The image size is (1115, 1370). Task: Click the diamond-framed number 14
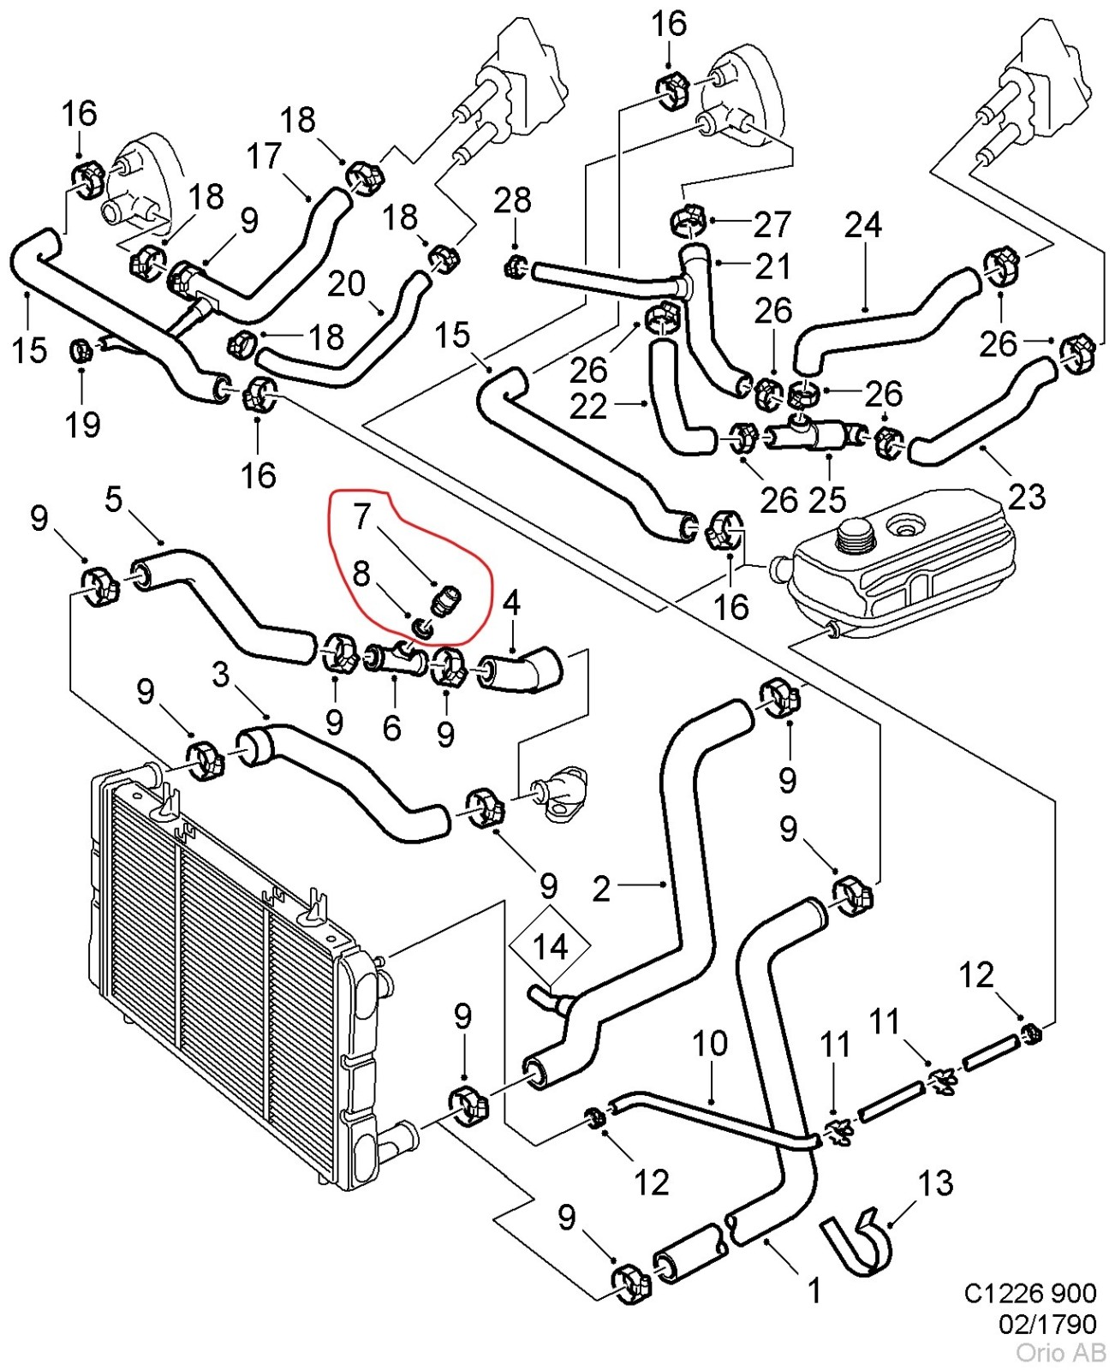(550, 947)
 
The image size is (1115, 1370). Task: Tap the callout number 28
(513, 200)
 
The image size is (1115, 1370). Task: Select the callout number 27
(772, 223)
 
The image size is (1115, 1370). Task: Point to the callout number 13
(935, 1182)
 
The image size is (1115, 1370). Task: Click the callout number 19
(83, 424)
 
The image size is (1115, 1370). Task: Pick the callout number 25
(827, 499)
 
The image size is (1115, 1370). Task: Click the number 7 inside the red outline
(362, 515)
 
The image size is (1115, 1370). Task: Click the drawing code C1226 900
(1030, 1294)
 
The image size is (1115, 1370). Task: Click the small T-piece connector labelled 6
(395, 660)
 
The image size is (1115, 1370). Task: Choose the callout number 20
(346, 283)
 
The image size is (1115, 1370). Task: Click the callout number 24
(863, 224)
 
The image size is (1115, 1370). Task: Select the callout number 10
(710, 1043)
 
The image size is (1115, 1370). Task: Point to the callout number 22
(588, 407)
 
